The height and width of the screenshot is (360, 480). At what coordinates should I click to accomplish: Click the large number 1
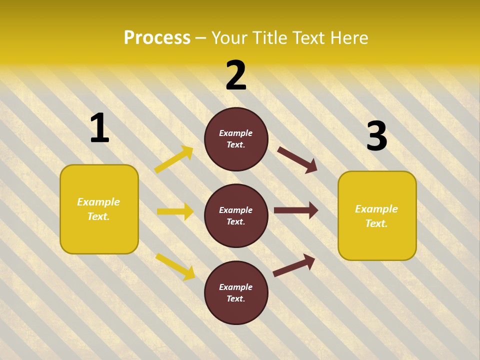coord(99,128)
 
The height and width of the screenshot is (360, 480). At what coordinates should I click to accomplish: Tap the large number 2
coord(236,75)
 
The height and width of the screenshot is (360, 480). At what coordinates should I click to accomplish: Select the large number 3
coord(376,136)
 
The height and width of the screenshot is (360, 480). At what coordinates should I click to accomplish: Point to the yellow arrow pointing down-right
coord(175,266)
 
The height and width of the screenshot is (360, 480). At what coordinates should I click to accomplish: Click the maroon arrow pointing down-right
coord(297,159)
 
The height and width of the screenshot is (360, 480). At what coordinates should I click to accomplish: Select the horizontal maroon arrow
coord(296,210)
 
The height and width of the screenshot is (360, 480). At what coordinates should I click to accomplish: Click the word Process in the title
coord(157,37)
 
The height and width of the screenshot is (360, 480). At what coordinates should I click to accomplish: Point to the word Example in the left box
coord(98,202)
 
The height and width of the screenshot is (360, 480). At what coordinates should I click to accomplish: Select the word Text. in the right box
coord(376,223)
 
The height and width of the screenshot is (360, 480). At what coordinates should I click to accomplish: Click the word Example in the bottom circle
coord(236,287)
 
